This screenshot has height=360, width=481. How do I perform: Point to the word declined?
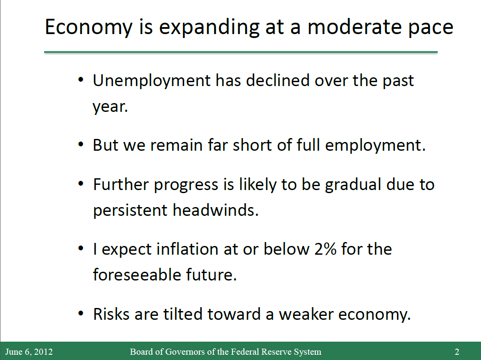coord(278,80)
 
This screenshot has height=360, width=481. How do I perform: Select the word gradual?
coord(353,185)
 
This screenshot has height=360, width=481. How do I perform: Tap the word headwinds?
coord(216,210)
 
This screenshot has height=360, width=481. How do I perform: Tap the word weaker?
coord(306,315)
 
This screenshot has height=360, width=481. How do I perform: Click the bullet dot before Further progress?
coord(81,184)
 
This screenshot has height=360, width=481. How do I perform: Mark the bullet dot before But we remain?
coord(81,144)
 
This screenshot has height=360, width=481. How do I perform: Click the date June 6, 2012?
coord(29,351)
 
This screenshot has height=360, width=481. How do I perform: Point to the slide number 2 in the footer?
coord(457,351)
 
